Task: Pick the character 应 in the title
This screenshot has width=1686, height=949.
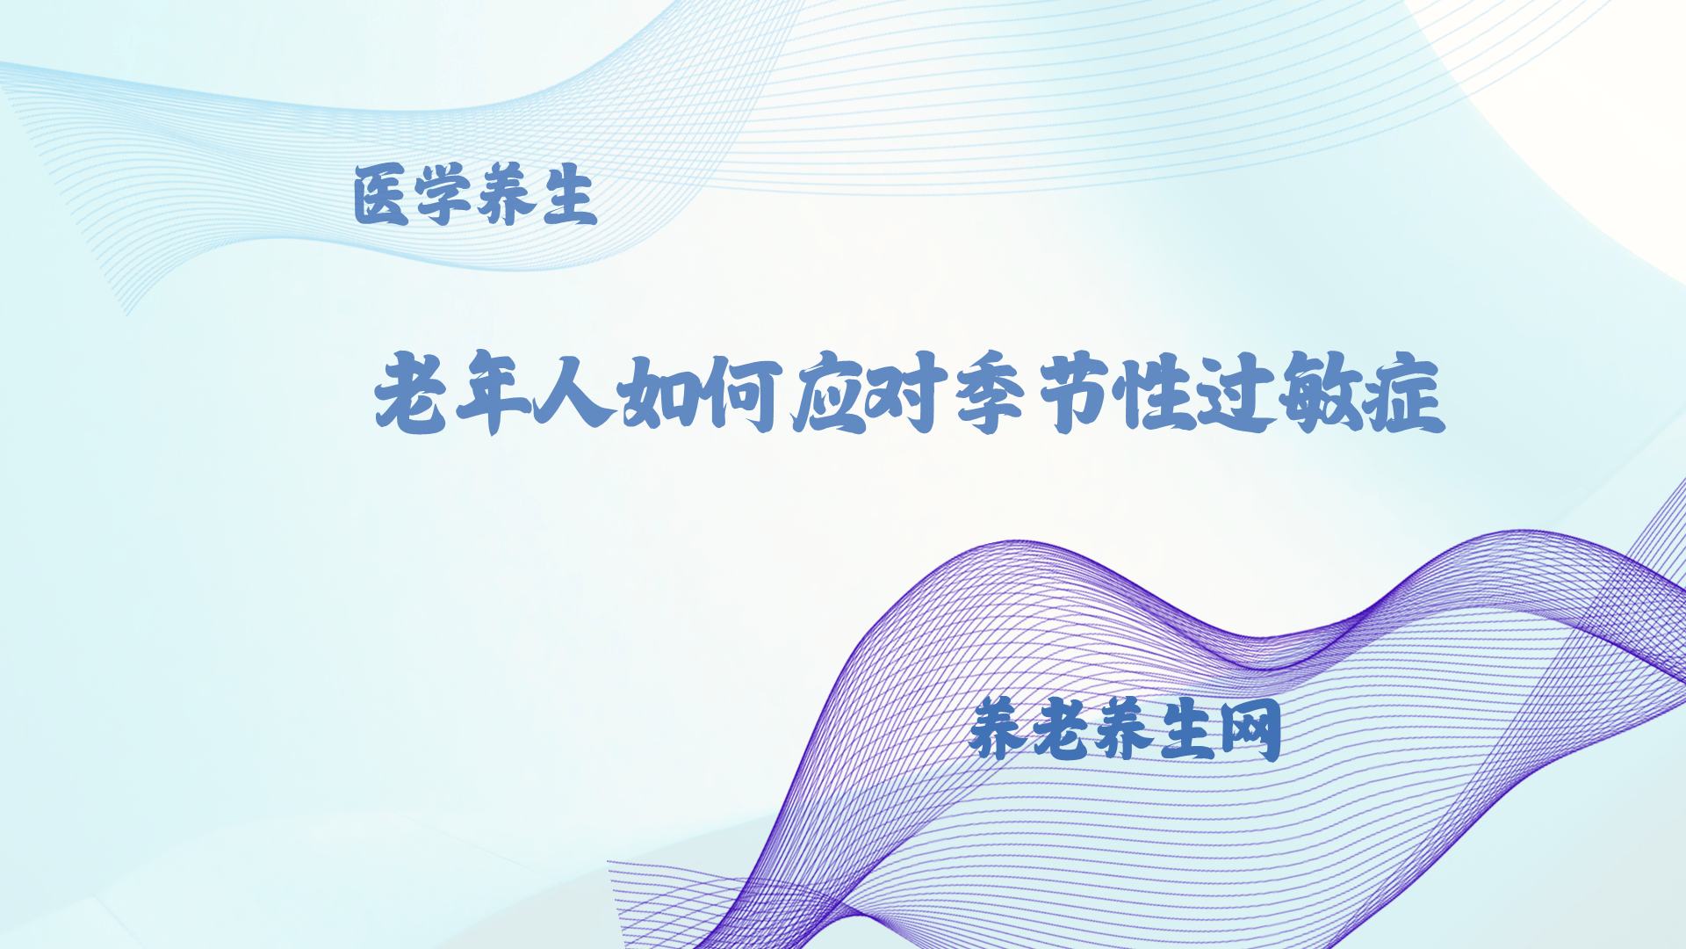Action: point(829,393)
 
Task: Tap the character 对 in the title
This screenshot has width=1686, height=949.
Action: point(906,394)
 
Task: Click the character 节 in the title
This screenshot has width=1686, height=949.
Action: point(1074,393)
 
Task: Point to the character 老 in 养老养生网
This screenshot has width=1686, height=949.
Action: point(1060,728)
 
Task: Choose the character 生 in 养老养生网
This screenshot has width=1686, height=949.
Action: point(1186,729)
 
